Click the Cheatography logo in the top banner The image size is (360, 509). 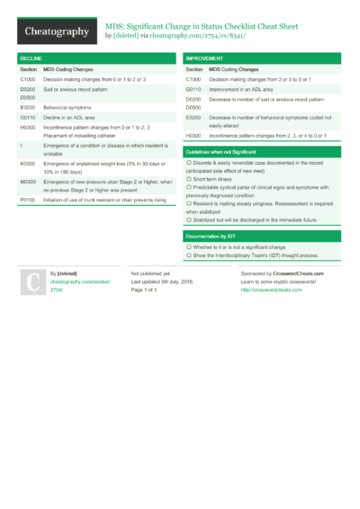(x=57, y=32)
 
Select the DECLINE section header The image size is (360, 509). (x=31, y=58)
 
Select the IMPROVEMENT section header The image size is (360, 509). (x=205, y=58)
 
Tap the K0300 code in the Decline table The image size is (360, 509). (x=28, y=164)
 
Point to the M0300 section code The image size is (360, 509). (x=28, y=182)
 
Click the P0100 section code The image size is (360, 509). (x=27, y=200)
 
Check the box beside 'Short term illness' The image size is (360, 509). (x=189, y=179)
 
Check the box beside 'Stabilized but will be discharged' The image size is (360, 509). (x=189, y=219)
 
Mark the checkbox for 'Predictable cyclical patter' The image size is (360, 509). (x=189, y=187)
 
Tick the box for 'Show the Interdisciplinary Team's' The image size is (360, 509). (x=189, y=255)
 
